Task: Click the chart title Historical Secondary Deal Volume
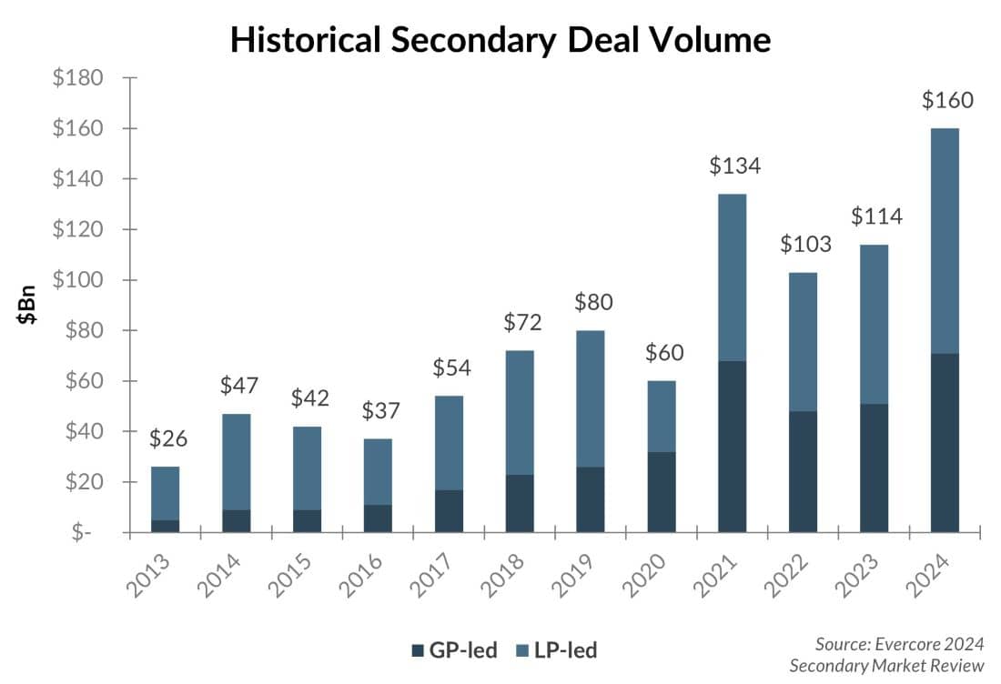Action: (500, 40)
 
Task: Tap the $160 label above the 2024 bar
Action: (947, 100)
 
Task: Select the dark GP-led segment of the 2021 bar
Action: (733, 446)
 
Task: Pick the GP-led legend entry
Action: (455, 649)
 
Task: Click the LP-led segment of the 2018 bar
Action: (520, 412)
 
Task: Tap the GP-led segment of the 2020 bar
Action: (662, 491)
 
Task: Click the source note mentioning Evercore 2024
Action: (886, 654)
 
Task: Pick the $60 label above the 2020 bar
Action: (663, 353)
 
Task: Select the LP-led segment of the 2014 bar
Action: (237, 461)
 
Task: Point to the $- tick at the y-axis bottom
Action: (83, 532)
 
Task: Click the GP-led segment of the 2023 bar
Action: (874, 468)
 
